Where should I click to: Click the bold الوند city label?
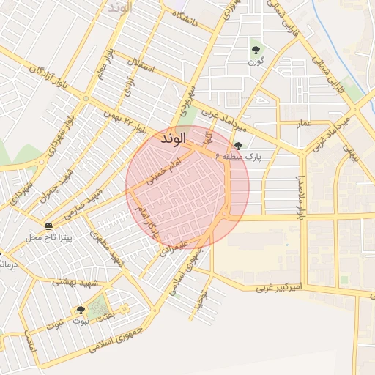(171, 137)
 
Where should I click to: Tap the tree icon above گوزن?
(256, 50)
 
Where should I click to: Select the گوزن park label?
(255, 62)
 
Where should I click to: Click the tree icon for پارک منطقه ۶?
(238, 146)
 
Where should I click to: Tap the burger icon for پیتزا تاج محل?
(48, 226)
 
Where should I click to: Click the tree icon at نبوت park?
(81, 311)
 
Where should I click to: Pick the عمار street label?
(305, 124)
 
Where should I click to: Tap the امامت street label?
(29, 341)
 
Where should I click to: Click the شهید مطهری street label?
(105, 248)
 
